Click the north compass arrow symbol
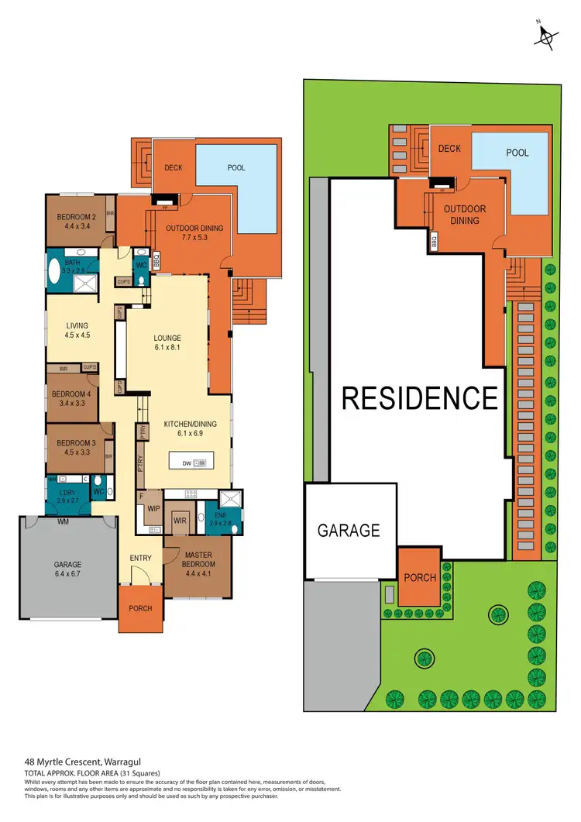coord(548,35)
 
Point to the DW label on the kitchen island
coord(187,463)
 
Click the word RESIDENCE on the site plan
coord(420,398)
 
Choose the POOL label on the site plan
coord(517,153)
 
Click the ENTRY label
coord(141,558)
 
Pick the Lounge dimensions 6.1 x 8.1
coord(167,348)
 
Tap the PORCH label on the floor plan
coord(141,608)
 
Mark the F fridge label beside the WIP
coord(142,496)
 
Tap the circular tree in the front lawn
coord(423,659)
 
